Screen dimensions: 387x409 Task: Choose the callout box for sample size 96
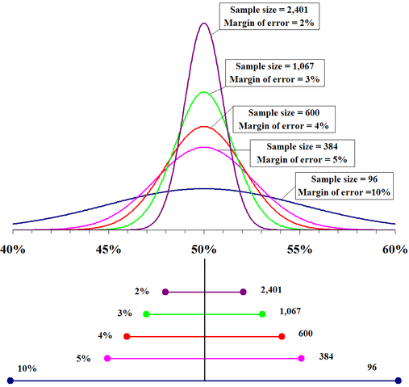tap(344, 184)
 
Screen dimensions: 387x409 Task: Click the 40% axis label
tap(13, 251)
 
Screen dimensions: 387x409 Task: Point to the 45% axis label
tap(108, 251)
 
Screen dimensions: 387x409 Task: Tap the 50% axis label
tap(204, 251)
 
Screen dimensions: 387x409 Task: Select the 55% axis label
tap(299, 251)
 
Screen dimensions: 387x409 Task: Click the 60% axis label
tap(394, 251)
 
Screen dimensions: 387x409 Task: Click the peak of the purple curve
tap(204, 23)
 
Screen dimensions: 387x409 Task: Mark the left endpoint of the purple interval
tap(165, 292)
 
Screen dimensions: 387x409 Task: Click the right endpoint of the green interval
tap(262, 313)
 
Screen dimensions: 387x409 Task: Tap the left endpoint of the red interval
tap(127, 336)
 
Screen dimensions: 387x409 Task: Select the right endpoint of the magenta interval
tap(301, 358)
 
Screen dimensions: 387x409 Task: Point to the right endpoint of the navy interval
tap(398, 380)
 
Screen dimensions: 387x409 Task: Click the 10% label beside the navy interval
tap(27, 368)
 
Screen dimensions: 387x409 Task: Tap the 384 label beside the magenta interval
tap(326, 355)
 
